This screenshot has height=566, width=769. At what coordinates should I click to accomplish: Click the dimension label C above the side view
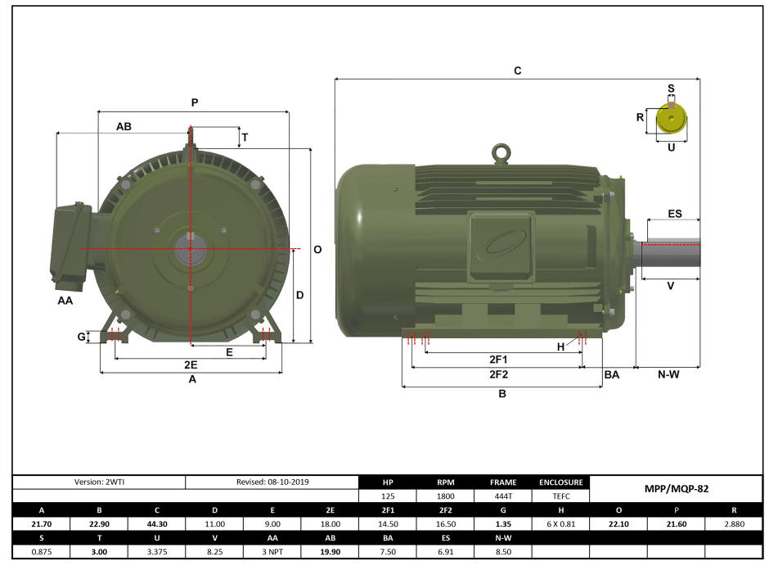tap(517, 71)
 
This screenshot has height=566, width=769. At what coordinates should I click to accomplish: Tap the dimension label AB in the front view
tap(124, 127)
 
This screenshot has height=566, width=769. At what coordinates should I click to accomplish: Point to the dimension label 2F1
tap(498, 360)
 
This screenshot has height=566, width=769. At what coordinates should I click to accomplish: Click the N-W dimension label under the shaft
tap(668, 374)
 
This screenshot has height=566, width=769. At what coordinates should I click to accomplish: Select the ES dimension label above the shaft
tap(674, 214)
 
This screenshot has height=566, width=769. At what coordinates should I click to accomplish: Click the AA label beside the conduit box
tap(65, 301)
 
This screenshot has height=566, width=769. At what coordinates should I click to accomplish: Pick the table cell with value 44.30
tap(156, 523)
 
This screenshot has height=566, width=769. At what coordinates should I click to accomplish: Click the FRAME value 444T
tap(502, 496)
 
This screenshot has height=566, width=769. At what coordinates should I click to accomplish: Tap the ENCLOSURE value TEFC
tap(560, 496)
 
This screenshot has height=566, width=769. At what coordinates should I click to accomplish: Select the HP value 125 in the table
tap(388, 496)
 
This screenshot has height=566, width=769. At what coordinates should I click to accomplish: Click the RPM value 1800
tap(445, 496)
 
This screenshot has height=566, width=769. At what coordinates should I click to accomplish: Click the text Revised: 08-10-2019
tap(272, 482)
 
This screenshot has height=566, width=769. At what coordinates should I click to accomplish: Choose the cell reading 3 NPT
tap(272, 551)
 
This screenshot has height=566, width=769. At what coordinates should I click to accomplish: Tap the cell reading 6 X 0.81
tap(560, 523)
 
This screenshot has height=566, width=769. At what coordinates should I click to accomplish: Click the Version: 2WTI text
tap(99, 482)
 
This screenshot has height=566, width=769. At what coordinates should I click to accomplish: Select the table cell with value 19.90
tap(330, 551)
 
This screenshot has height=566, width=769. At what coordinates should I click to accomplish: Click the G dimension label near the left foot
tap(81, 337)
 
